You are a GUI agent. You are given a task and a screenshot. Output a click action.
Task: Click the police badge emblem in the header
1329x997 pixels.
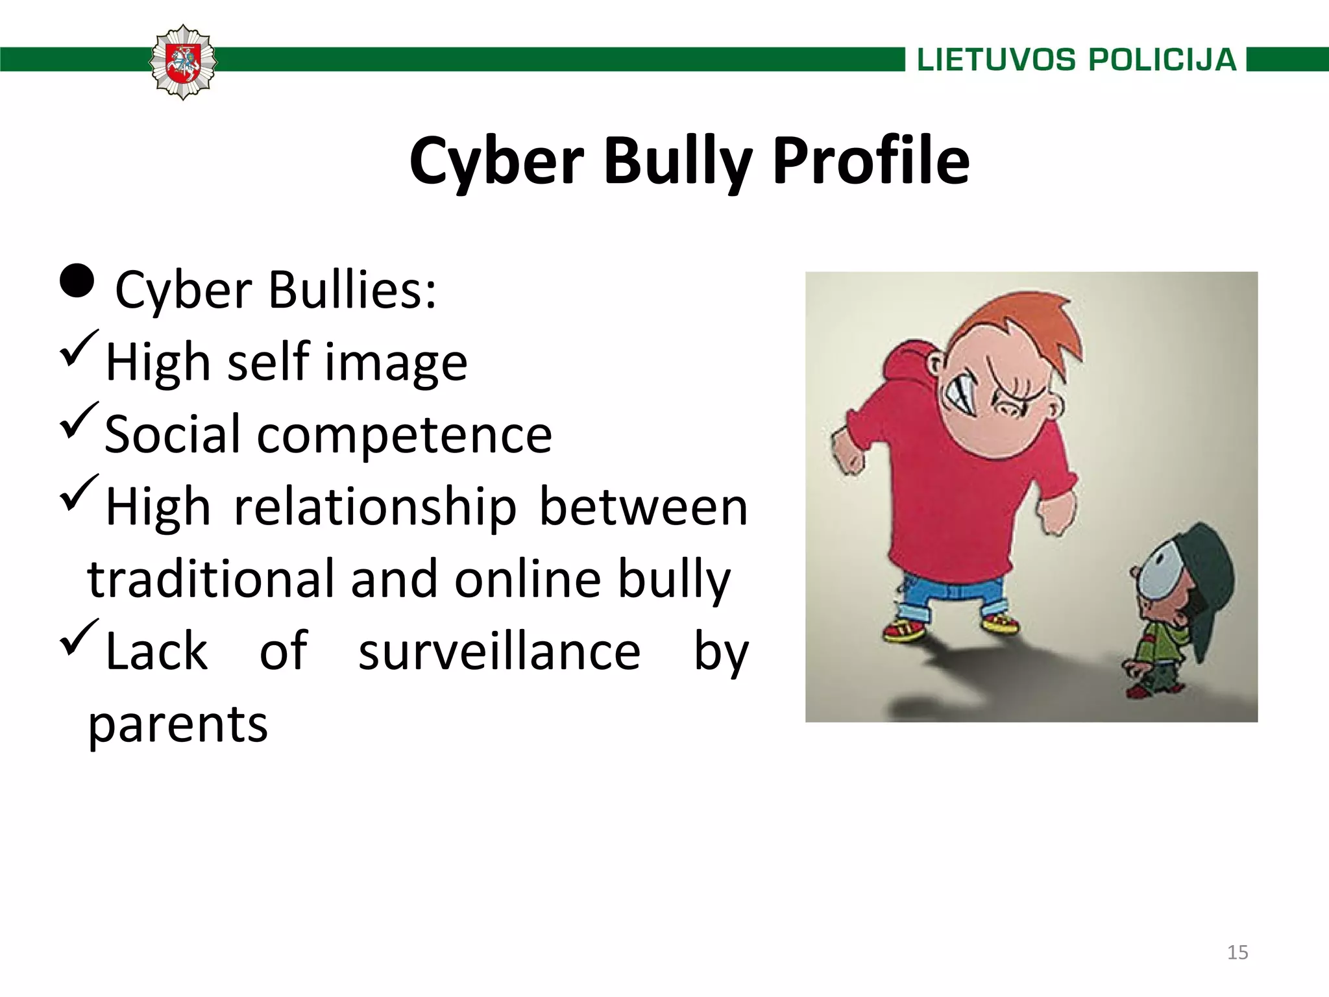(183, 62)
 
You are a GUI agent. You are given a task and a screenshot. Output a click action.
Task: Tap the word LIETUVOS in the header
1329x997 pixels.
(996, 60)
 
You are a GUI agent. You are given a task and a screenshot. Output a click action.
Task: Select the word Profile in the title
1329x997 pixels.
(871, 161)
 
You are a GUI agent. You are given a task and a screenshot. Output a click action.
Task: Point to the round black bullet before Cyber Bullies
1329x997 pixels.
(77, 280)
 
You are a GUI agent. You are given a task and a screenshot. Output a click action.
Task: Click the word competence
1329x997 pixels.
(404, 435)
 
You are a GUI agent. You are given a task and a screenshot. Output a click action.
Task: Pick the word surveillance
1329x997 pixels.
(499, 652)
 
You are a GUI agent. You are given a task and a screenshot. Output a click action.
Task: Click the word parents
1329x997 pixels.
(178, 725)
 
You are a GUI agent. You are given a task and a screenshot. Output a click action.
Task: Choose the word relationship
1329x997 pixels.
(375, 507)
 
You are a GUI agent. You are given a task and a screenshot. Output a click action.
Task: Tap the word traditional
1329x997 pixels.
(212, 580)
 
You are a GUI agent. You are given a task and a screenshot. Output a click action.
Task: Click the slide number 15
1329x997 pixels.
(1238, 952)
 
